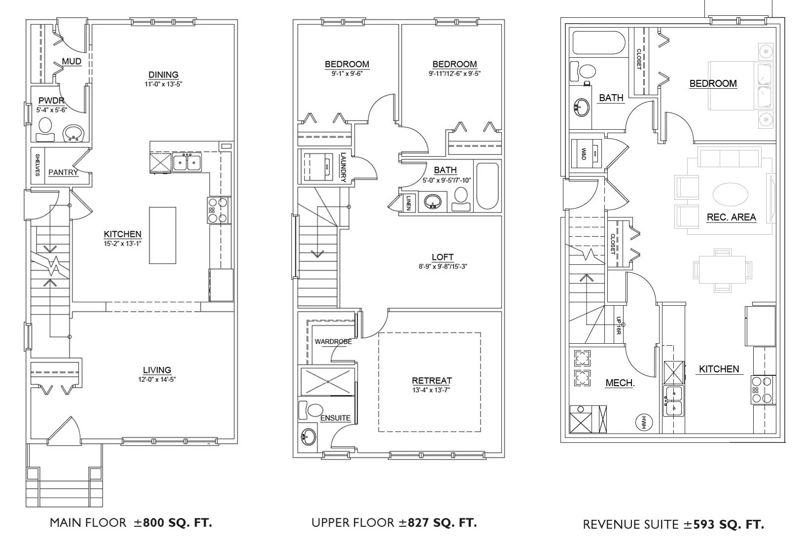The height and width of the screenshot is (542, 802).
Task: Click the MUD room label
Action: click(x=71, y=62)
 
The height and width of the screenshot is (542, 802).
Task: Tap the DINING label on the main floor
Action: click(x=163, y=75)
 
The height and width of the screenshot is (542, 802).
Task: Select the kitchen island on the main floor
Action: click(x=163, y=235)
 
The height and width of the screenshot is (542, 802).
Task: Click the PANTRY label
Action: click(x=63, y=172)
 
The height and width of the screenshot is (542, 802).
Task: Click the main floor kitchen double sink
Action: click(x=187, y=162)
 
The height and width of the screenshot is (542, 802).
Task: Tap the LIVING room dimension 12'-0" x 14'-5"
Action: click(x=157, y=380)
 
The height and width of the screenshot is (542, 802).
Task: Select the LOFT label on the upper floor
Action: click(x=443, y=257)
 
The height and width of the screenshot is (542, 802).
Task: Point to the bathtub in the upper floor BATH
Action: click(x=488, y=186)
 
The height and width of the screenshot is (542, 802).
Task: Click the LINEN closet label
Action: click(x=409, y=203)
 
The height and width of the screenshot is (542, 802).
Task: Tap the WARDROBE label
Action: click(x=333, y=342)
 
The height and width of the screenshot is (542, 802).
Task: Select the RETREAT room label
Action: click(x=432, y=381)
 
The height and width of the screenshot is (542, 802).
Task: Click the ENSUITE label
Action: click(x=335, y=418)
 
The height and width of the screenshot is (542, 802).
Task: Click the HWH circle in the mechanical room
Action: click(x=643, y=422)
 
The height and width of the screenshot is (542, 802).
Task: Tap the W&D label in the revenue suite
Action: click(x=584, y=154)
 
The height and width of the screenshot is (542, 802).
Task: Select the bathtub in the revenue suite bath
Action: click(x=598, y=43)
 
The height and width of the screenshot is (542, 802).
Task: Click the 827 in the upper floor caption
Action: click(x=418, y=523)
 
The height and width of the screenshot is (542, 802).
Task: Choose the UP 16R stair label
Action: click(x=618, y=325)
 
